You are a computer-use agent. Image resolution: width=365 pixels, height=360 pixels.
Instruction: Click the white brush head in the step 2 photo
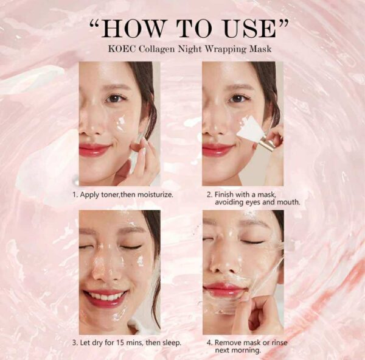[249, 129]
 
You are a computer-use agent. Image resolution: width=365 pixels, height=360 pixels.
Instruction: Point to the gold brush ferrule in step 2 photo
[265, 145]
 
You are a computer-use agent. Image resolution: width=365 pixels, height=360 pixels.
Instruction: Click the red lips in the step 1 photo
[95, 150]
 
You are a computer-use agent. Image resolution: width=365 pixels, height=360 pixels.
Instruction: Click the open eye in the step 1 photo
[114, 98]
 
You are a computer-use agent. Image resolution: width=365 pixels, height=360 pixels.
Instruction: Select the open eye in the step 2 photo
[238, 98]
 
